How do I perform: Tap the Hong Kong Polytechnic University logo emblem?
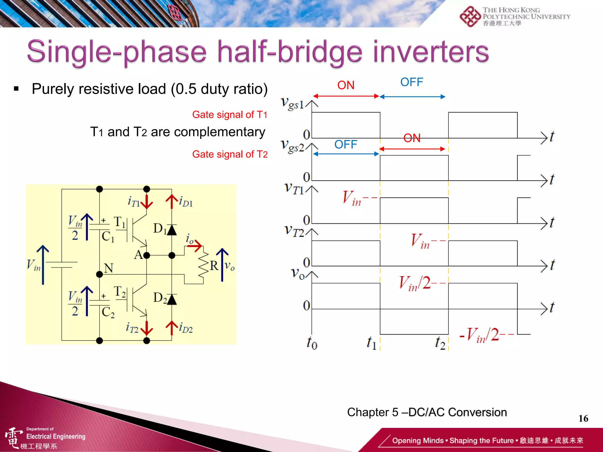[x=470, y=16]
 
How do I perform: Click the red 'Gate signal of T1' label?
[x=230, y=114]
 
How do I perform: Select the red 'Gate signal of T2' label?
[x=230, y=154]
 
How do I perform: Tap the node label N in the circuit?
[x=109, y=268]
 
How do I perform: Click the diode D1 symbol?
[x=172, y=230]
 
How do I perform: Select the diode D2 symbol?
[x=172, y=299]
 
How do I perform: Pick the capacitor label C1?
[x=107, y=237]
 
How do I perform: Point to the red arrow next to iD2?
[x=172, y=328]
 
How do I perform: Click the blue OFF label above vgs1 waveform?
[x=411, y=82]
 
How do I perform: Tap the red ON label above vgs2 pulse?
[x=412, y=138]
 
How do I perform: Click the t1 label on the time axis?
[x=372, y=343]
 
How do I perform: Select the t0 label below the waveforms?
[x=312, y=343]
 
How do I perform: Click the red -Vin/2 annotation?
[x=483, y=335]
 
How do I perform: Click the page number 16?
[x=583, y=418]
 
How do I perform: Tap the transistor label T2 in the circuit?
[x=120, y=292]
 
